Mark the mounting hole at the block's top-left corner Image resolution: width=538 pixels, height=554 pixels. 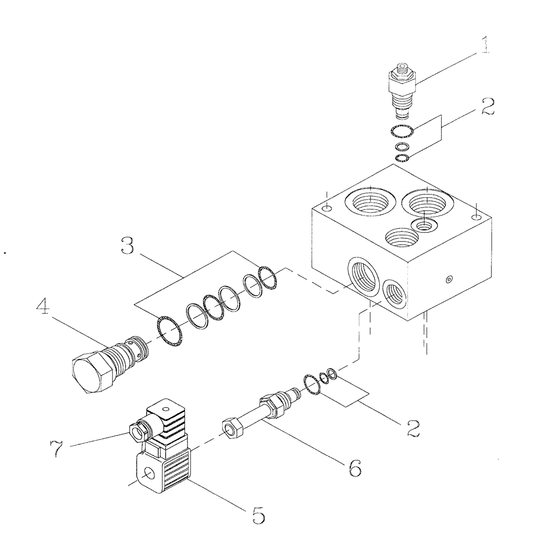coord(327,207)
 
